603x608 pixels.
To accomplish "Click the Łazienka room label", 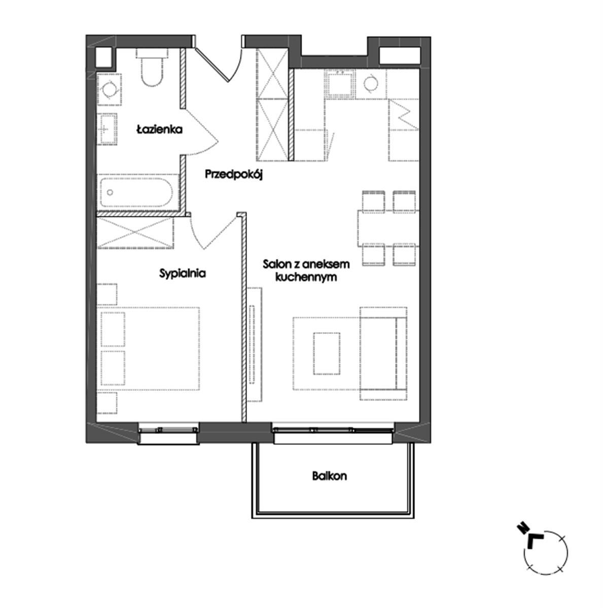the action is [x=159, y=129].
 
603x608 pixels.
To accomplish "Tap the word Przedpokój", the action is [x=234, y=174].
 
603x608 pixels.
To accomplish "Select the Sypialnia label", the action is [x=182, y=273].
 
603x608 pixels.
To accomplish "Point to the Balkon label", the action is [x=329, y=476].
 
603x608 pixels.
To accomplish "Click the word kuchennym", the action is [x=305, y=277].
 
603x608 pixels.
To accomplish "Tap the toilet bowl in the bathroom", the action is [x=152, y=67].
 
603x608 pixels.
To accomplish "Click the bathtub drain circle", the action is [x=110, y=192].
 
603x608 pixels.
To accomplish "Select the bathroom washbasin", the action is [x=107, y=129].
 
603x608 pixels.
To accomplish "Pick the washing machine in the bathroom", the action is [x=109, y=90].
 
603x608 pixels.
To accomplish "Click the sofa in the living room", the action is [x=383, y=353].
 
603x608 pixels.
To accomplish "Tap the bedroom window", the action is [x=168, y=434].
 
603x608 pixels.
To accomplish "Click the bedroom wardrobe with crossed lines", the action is [x=135, y=233].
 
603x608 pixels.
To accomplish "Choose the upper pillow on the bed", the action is [x=113, y=329].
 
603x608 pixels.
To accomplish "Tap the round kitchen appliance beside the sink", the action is [x=371, y=84].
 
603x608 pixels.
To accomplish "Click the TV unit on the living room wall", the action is [x=254, y=344].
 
